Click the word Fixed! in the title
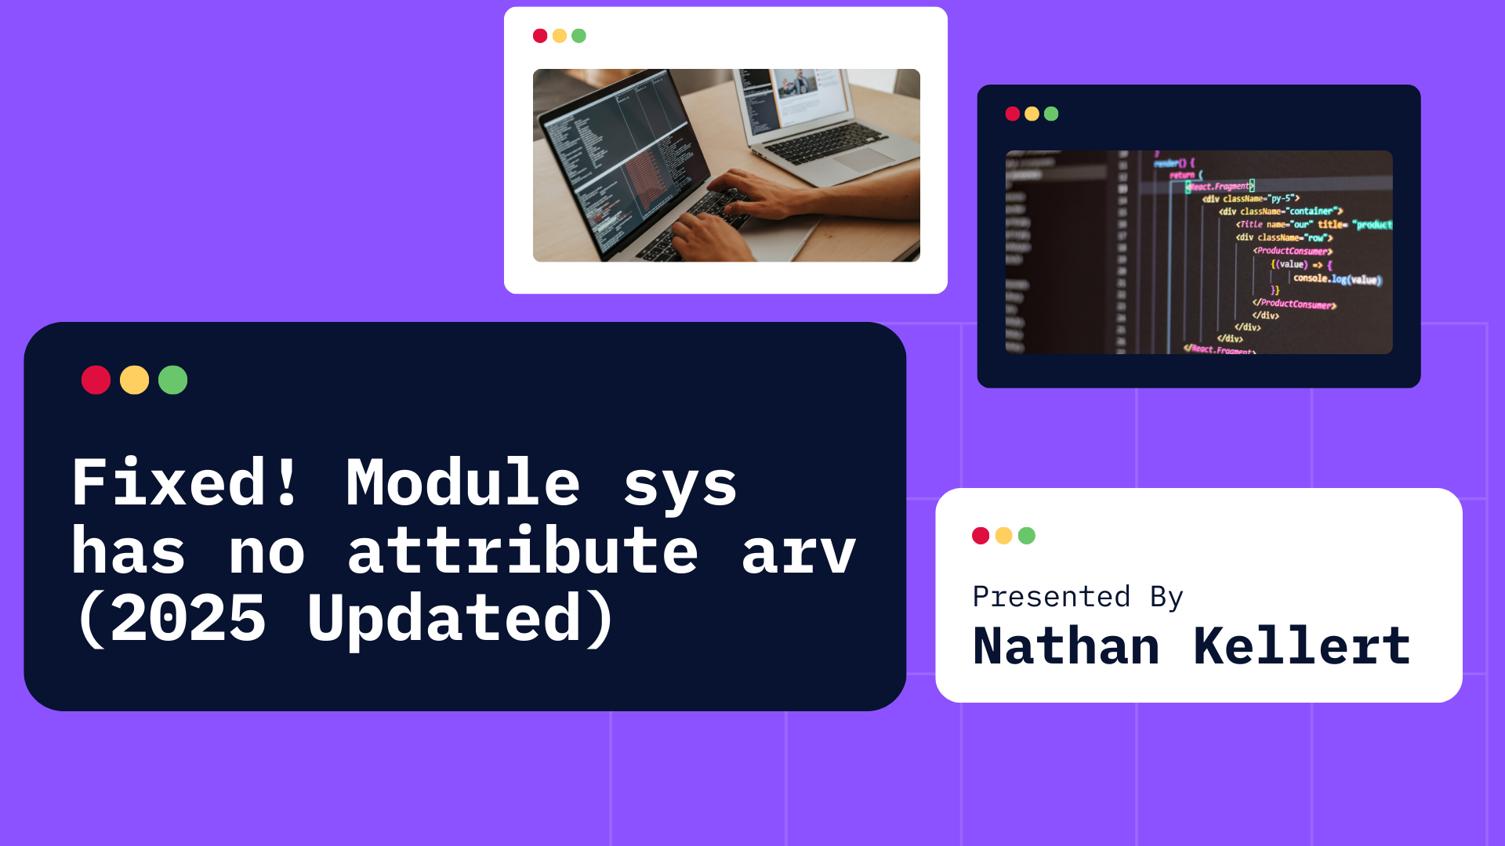coord(185,483)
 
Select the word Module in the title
coord(462,483)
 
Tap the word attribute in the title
coord(522,551)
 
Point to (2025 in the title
coord(170,619)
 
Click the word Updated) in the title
coord(461,619)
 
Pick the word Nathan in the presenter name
coord(1066,647)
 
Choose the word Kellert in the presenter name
coord(1301,647)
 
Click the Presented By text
coord(1077,597)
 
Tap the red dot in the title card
coord(96,380)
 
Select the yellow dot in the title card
coord(134,380)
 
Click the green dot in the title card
coord(172,380)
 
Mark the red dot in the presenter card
coord(980,536)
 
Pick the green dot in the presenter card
coord(1026,536)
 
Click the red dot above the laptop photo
coord(540,36)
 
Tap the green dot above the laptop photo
coord(578,36)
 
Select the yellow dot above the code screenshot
coord(1032,114)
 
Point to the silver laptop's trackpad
coord(862,160)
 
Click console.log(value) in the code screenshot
coord(1336,279)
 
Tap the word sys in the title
coord(680,483)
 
